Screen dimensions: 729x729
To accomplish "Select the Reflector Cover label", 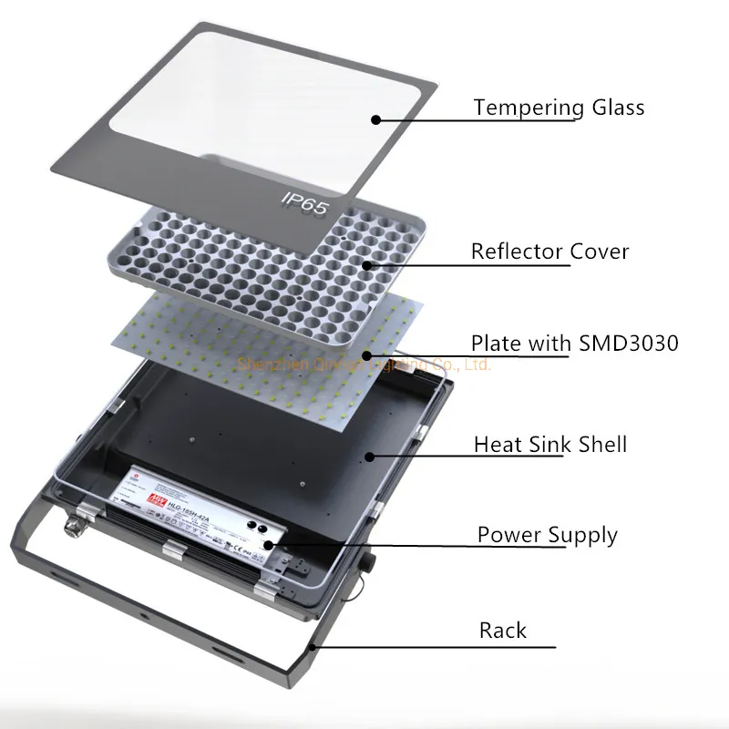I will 549,251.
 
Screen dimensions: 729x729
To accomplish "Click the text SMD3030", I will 629,344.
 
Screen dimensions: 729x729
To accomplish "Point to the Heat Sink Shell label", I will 549,444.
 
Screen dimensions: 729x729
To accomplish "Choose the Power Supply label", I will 547,535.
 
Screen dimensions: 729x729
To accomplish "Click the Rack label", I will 503,630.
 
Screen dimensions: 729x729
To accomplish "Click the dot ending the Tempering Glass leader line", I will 375,118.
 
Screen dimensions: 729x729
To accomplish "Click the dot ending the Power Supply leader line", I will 271,545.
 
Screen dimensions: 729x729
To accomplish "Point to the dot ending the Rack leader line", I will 313,647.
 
